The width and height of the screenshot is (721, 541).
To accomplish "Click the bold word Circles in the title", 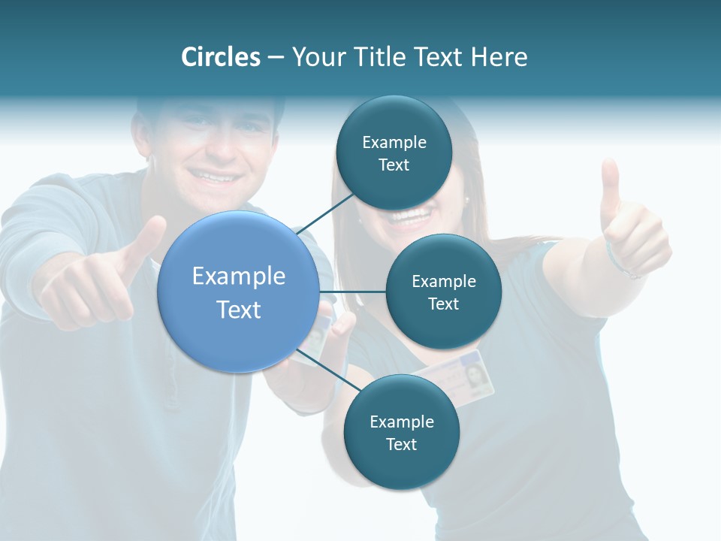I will pyautogui.click(x=220, y=57).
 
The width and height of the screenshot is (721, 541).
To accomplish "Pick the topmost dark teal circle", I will pyautogui.click(x=394, y=153).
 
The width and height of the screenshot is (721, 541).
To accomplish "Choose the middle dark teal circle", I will pyautogui.click(x=443, y=292).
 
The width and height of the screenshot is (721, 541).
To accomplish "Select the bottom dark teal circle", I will pyautogui.click(x=401, y=432).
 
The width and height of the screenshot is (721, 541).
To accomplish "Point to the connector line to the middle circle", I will pyautogui.click(x=353, y=292).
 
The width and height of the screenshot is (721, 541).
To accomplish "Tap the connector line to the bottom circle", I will pyautogui.click(x=329, y=370).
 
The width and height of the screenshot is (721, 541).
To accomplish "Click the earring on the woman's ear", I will pyautogui.click(x=466, y=201).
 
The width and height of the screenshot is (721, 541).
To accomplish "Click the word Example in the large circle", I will pyautogui.click(x=239, y=277).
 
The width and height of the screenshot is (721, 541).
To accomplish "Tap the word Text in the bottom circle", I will pyautogui.click(x=401, y=444).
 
